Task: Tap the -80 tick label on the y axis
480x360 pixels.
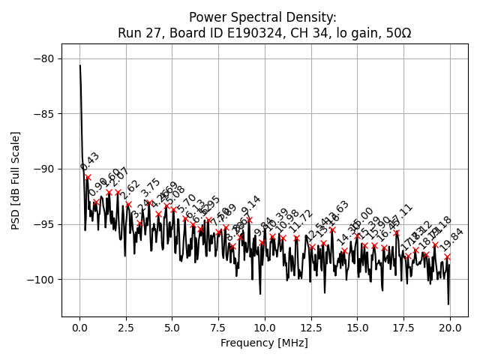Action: (43, 58)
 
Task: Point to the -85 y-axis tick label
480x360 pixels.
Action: (43, 114)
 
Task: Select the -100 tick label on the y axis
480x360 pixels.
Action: (40, 280)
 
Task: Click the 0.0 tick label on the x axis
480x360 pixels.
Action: (79, 328)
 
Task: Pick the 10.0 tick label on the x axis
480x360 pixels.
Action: (265, 328)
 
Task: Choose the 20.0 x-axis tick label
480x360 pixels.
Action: (450, 328)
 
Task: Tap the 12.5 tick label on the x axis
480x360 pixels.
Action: (311, 328)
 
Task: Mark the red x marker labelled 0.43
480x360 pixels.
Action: (88, 178)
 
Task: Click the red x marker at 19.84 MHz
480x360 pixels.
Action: (447, 256)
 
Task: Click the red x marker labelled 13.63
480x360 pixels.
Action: (332, 229)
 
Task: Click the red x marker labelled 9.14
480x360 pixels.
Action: (249, 220)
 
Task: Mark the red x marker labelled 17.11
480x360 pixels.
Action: (397, 232)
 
